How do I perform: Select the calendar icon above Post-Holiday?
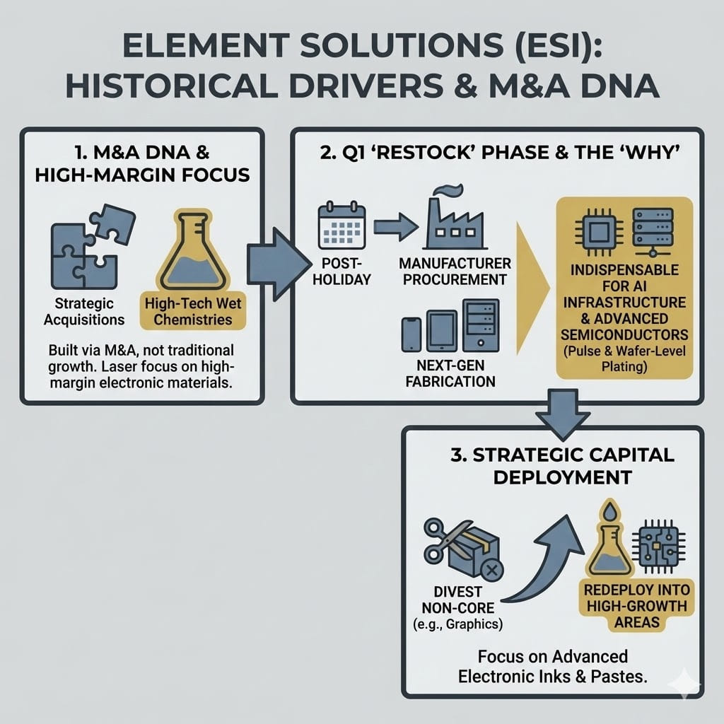pos(342,228)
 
